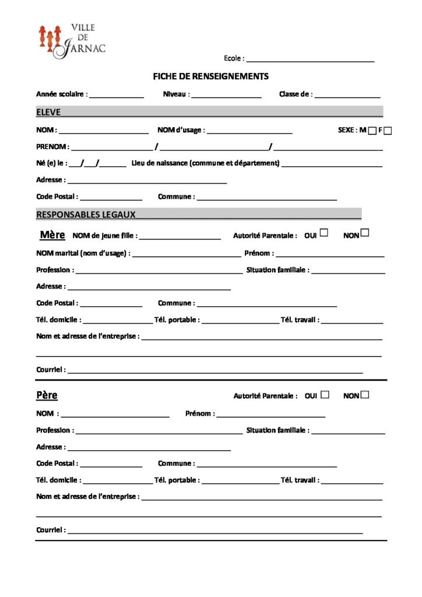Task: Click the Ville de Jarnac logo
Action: pyautogui.click(x=72, y=41)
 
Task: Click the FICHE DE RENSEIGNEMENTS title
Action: pyautogui.click(x=210, y=76)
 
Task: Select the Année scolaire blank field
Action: pyautogui.click(x=116, y=95)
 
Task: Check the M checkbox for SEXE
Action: pyautogui.click(x=372, y=131)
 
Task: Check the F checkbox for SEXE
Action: pyautogui.click(x=388, y=131)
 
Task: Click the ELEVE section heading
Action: pyautogui.click(x=48, y=112)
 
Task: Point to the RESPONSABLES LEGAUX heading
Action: pyautogui.click(x=86, y=215)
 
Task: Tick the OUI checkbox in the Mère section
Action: pyautogui.click(x=324, y=233)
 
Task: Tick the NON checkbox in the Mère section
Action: pyautogui.click(x=365, y=233)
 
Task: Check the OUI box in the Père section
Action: pyautogui.click(x=325, y=394)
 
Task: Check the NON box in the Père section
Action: pyautogui.click(x=365, y=394)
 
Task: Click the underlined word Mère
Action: pyautogui.click(x=52, y=235)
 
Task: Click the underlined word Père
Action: pyautogui.click(x=47, y=395)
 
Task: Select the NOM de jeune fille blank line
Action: pyautogui.click(x=180, y=237)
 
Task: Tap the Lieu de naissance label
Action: pyautogui.click(x=206, y=163)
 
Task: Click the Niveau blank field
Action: pyautogui.click(x=226, y=95)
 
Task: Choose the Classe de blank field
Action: pyautogui.click(x=347, y=95)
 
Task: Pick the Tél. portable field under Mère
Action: pyautogui.click(x=240, y=321)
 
